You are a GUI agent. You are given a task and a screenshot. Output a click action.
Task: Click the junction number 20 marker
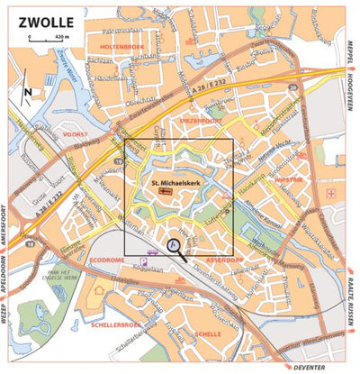[292, 87]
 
